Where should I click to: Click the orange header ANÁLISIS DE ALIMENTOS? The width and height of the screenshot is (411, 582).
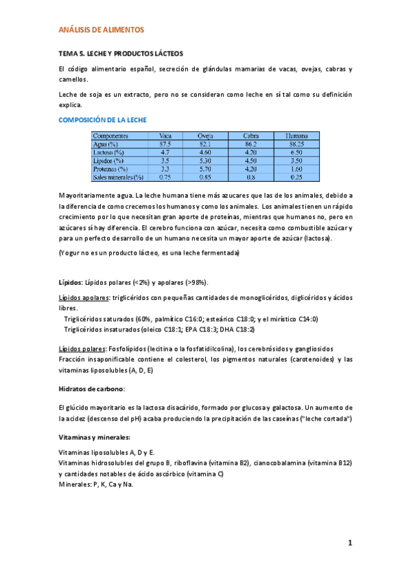(x=102, y=30)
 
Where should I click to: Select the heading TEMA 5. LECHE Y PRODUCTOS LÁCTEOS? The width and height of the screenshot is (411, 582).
(x=120, y=54)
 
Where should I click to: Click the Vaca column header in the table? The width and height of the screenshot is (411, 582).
(x=165, y=136)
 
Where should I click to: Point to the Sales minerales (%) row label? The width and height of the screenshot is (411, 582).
(x=118, y=176)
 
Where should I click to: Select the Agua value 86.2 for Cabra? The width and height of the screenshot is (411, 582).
(x=250, y=144)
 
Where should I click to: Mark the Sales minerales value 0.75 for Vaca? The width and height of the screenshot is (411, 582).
(x=165, y=176)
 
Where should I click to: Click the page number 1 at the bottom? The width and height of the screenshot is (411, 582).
(x=349, y=544)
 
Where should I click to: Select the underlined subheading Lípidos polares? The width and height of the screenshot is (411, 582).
(x=82, y=349)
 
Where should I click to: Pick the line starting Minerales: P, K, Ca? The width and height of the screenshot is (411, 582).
(x=96, y=484)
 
